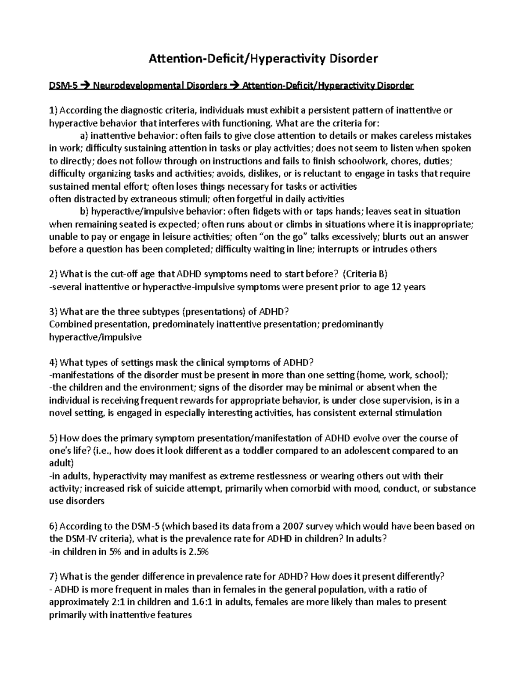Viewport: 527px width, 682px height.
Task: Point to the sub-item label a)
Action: pyautogui.click(x=84, y=136)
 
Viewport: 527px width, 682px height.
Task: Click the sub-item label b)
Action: pyautogui.click(x=84, y=212)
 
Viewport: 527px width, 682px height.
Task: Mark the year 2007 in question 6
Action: pyautogui.click(x=293, y=527)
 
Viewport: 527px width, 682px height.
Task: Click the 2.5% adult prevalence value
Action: pyautogui.click(x=198, y=552)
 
